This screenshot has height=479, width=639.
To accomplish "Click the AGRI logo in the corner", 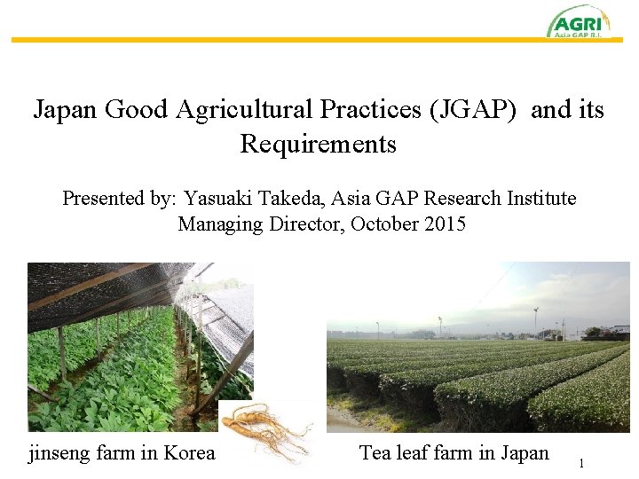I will [x=578, y=21].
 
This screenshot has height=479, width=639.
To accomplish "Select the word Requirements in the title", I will [x=318, y=144].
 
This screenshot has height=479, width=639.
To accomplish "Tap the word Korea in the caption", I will [x=190, y=453].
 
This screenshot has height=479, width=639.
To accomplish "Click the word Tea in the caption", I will [x=375, y=453].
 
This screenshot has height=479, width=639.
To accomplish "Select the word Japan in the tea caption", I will [x=524, y=453].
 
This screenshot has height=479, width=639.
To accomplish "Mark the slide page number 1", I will [x=581, y=463].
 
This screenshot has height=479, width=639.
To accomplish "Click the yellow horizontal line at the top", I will [x=266, y=40].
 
